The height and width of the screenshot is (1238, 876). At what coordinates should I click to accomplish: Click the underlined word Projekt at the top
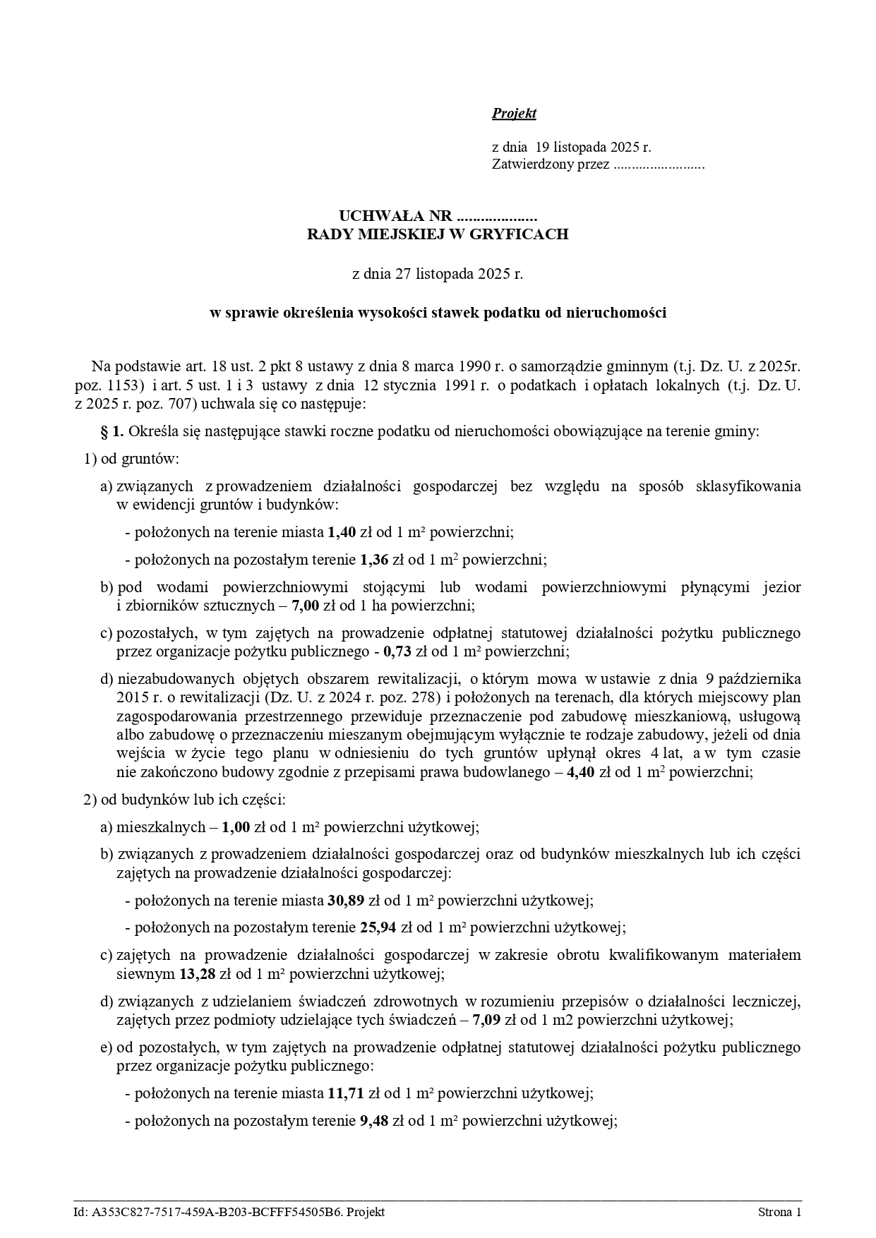(514, 114)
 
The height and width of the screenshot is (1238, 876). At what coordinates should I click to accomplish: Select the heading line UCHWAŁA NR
(438, 215)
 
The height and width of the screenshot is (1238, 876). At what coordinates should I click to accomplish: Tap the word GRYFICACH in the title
(525, 234)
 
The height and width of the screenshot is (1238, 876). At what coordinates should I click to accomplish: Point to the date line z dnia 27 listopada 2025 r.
(438, 274)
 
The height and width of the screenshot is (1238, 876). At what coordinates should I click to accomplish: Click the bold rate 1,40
(342, 532)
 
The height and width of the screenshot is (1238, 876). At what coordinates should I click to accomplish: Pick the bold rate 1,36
(374, 560)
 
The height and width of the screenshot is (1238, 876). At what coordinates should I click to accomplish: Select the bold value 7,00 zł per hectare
(306, 606)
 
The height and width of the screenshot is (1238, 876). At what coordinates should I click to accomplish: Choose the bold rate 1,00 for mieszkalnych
(236, 827)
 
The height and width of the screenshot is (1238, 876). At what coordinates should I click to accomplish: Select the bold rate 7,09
(486, 1020)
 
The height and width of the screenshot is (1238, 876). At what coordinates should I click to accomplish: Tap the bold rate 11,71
(345, 1093)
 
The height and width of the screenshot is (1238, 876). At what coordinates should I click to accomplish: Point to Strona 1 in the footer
(779, 1212)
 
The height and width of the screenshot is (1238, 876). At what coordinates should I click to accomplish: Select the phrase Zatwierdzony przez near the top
(550, 165)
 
